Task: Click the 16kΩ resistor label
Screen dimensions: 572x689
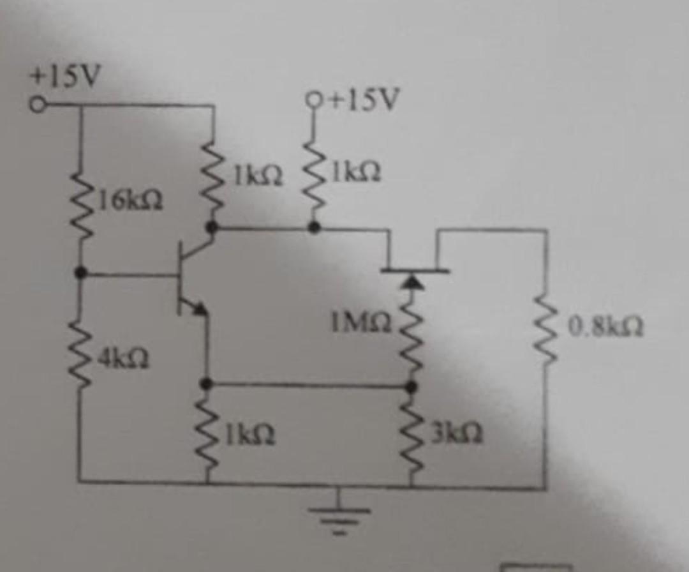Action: (131, 203)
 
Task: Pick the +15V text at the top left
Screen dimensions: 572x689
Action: (65, 77)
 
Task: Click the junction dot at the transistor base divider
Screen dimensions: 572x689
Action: (80, 273)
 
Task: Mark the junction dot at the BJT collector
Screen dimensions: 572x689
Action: (214, 227)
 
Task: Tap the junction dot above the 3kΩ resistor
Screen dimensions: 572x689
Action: (412, 386)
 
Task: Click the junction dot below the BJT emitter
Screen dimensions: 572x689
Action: (206, 384)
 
